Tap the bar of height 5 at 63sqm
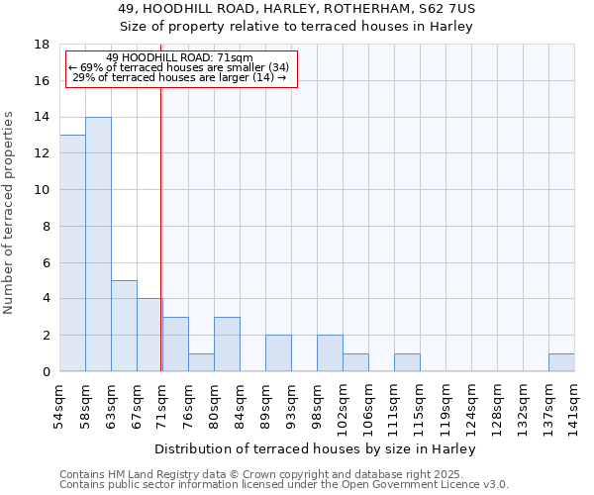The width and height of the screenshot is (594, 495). point(124,326)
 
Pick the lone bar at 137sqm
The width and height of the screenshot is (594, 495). point(561,362)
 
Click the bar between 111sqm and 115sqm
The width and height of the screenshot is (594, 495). point(407,362)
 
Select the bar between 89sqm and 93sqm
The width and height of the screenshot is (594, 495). point(278,353)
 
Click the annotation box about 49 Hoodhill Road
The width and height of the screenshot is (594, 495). point(180,68)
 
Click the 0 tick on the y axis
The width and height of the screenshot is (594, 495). point(46,372)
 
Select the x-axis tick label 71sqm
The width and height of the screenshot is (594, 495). point(163,403)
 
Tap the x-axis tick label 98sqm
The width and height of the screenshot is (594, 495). point(318,403)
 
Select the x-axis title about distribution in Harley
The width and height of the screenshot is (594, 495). point(316,448)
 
